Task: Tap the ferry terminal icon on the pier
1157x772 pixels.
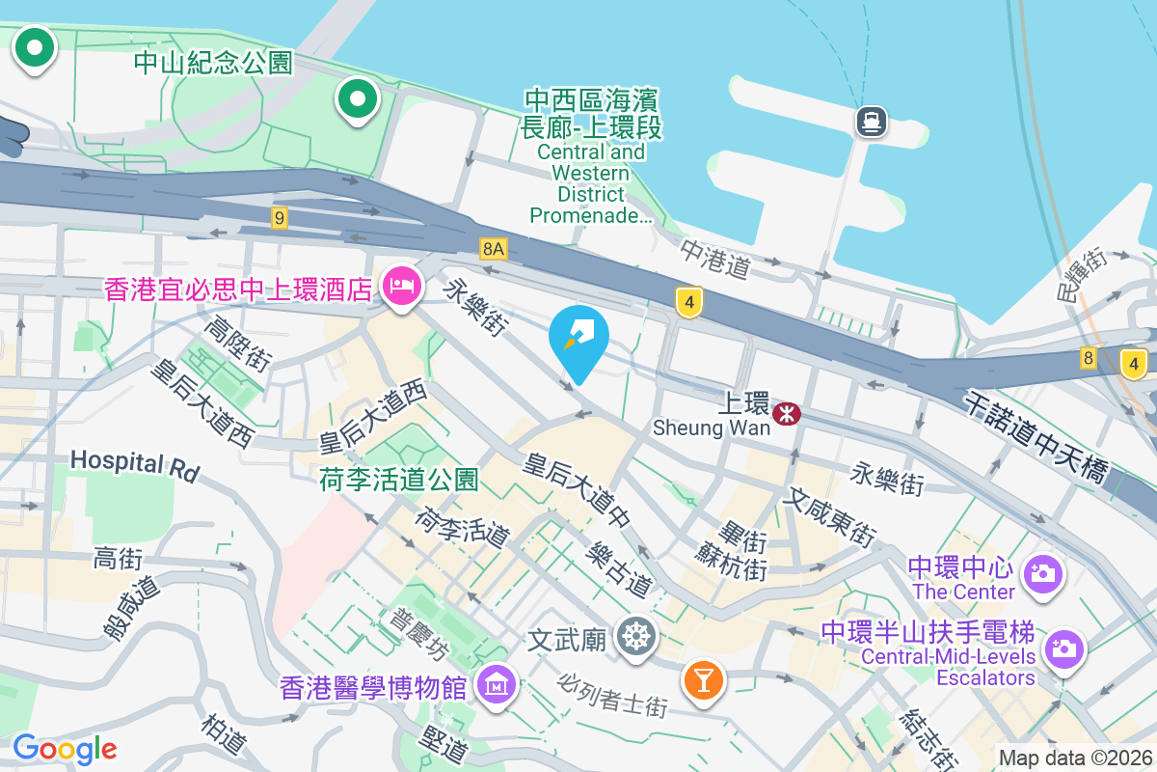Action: click(871, 121)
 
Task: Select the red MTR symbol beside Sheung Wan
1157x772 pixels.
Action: click(788, 414)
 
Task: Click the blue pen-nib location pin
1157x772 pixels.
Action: click(578, 338)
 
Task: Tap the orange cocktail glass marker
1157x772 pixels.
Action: click(703, 679)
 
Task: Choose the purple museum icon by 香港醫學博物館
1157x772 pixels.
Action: click(498, 686)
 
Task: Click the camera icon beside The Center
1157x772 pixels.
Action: click(1042, 573)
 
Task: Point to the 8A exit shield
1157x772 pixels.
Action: click(494, 249)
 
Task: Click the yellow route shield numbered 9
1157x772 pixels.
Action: click(280, 218)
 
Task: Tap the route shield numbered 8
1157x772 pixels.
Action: click(1089, 358)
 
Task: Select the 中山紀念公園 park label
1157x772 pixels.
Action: click(212, 64)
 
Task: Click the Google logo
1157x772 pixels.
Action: click(65, 748)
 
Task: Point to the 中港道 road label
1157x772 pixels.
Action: click(715, 258)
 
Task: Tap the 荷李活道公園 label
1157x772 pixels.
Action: click(399, 479)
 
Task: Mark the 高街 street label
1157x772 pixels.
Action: click(118, 558)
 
